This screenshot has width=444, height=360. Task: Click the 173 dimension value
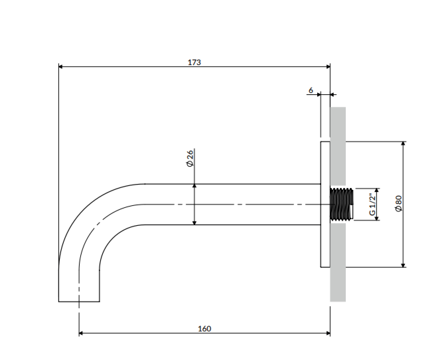click(194, 62)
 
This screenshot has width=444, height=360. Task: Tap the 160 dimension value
click(204, 328)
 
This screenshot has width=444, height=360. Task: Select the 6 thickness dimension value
click(311, 89)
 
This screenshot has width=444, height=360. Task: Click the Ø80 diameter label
click(398, 204)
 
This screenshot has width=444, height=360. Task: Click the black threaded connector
click(342, 205)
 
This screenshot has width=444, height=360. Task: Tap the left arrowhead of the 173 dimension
click(61, 66)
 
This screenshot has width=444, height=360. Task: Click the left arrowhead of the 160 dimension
click(82, 333)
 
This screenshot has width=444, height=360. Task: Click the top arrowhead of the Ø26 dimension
click(194, 187)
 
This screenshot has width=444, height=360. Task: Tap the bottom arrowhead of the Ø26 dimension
click(194, 223)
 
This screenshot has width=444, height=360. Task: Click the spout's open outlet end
click(79, 301)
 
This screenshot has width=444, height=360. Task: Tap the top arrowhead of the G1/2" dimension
click(377, 191)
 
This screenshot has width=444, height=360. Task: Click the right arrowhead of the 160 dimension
click(327, 333)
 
